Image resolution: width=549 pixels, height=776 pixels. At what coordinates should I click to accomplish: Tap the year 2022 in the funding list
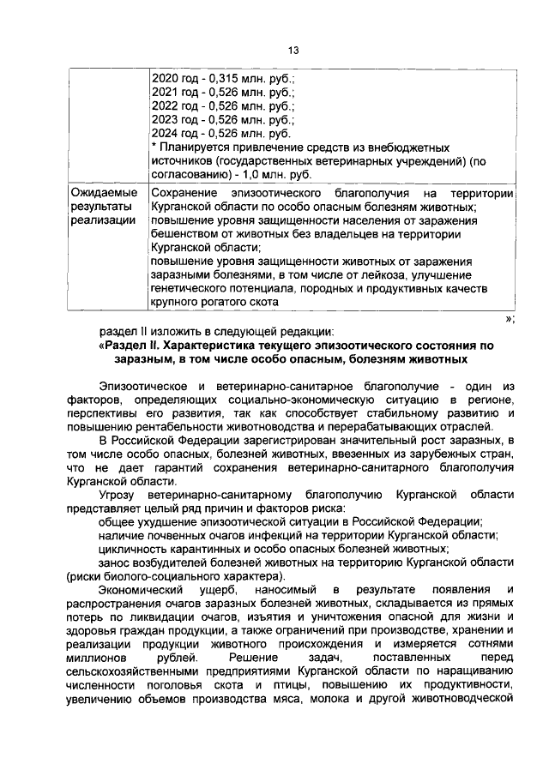(165, 106)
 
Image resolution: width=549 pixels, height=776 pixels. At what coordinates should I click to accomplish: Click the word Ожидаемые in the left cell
(101, 195)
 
